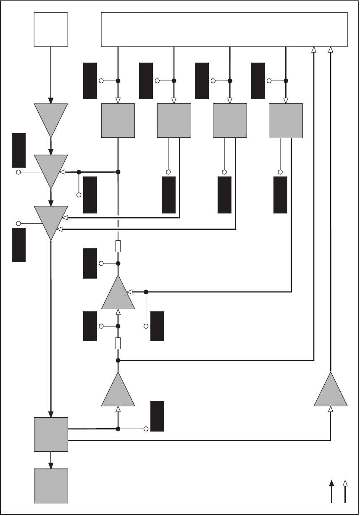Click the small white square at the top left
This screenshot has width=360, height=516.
[50, 29]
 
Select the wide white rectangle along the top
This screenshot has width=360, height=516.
[224, 29]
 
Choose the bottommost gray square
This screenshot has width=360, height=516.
[50, 485]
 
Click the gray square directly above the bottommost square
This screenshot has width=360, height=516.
[50, 434]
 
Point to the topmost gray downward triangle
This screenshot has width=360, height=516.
[50, 118]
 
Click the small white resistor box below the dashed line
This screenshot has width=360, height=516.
[118, 245]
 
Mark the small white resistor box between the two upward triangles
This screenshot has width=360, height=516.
[118, 343]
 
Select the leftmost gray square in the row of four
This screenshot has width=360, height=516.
[118, 121]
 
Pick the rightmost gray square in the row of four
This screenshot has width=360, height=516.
[286, 121]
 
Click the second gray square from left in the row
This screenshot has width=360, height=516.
[174, 121]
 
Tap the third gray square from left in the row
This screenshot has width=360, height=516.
[230, 121]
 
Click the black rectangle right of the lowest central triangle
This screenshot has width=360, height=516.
[157, 416]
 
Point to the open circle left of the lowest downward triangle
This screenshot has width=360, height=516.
[18, 223]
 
